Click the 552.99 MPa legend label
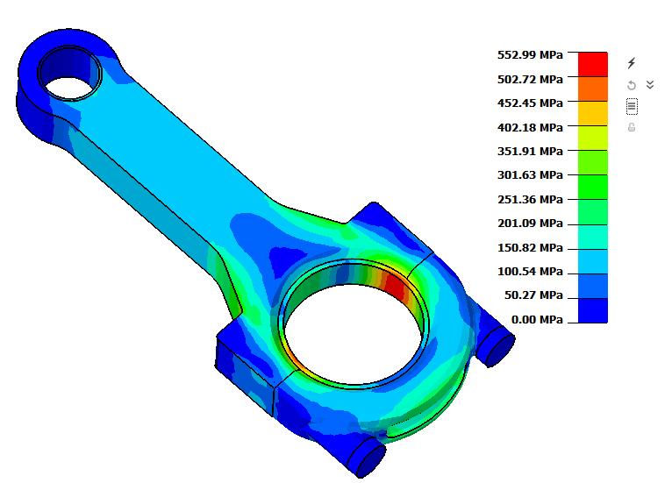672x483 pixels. (530, 55)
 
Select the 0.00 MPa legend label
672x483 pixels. (537, 319)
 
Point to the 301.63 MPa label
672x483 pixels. (530, 175)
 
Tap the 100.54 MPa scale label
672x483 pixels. (530, 272)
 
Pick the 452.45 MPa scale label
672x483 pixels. (530, 103)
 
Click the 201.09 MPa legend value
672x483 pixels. (530, 223)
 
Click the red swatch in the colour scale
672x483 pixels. (593, 65)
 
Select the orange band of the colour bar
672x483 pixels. (593, 89)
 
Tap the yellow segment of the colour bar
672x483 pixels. (593, 113)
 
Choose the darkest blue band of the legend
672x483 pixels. (593, 310)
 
